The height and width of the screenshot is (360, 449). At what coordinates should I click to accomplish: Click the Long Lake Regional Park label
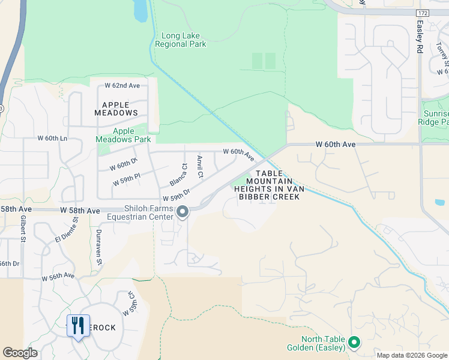(x=180, y=40)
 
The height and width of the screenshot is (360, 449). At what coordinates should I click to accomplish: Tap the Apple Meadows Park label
(x=123, y=135)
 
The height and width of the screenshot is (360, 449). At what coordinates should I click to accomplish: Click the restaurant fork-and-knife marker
(x=78, y=326)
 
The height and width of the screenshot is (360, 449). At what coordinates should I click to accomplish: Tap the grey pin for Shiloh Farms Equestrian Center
(x=183, y=211)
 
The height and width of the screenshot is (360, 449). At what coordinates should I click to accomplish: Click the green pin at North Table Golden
(x=354, y=343)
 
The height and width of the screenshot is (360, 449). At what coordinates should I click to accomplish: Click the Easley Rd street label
(x=420, y=36)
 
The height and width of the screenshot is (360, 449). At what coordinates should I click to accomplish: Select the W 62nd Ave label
(x=122, y=86)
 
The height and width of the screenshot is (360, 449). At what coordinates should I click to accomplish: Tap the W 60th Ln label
(x=52, y=138)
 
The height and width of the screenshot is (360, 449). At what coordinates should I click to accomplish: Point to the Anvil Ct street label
(x=200, y=167)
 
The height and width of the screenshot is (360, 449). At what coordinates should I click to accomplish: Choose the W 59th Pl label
(x=127, y=181)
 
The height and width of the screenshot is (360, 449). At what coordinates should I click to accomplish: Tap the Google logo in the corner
(x=20, y=353)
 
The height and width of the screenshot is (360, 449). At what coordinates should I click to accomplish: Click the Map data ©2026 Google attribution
(x=411, y=355)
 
